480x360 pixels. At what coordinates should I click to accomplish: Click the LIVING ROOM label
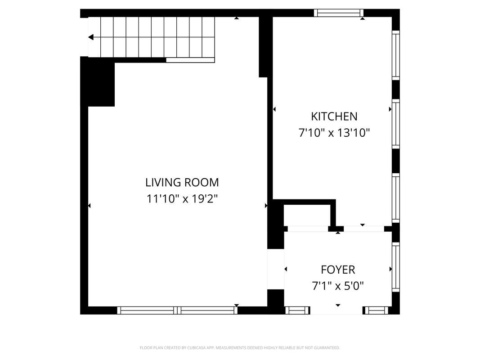pyautogui.click(x=182, y=182)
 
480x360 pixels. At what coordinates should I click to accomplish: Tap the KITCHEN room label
pyautogui.click(x=334, y=117)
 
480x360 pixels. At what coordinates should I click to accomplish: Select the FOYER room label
pyautogui.click(x=338, y=270)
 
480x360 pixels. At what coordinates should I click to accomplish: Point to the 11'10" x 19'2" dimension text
pyautogui.click(x=182, y=199)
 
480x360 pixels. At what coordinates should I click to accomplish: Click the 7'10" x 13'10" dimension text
pyautogui.click(x=334, y=133)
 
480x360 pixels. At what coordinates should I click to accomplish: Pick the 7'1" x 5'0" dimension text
pyautogui.click(x=338, y=286)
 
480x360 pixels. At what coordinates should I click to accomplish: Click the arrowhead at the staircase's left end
pyautogui.click(x=90, y=37)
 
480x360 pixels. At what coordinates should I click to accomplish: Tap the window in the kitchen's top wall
pyautogui.click(x=339, y=13)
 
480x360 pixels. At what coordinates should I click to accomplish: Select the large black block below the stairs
pyautogui.click(x=97, y=82)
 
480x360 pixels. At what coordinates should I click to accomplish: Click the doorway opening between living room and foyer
pyautogui.click(x=276, y=269)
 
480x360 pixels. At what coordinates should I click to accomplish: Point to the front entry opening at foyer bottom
pyautogui.click(x=336, y=310)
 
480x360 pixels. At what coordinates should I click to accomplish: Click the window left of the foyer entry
pyautogui.click(x=297, y=310)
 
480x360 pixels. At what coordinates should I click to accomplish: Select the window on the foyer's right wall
pyautogui.click(x=396, y=267)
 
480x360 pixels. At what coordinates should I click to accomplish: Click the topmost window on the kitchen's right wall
pyautogui.click(x=396, y=55)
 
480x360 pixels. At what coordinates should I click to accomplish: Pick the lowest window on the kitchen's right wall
pyautogui.click(x=396, y=198)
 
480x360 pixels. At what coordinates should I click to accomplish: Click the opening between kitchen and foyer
pyautogui.click(x=363, y=229)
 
